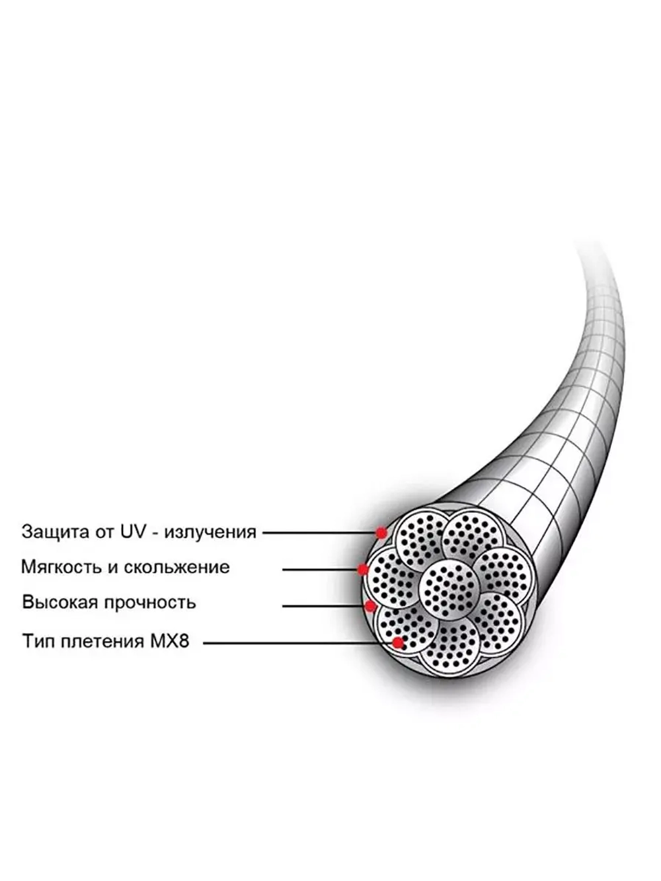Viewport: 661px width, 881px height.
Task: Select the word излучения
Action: pyautogui.click(x=210, y=533)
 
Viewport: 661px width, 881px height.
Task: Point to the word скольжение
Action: pyautogui.click(x=176, y=568)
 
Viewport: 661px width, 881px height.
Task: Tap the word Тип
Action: pyautogui.click(x=38, y=641)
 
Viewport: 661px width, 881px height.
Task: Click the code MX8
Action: pyautogui.click(x=169, y=641)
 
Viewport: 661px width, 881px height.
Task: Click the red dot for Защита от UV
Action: pyautogui.click(x=381, y=533)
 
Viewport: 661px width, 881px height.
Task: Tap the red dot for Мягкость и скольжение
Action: pyautogui.click(x=363, y=569)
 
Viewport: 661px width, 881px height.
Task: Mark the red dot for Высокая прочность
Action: pyautogui.click(x=370, y=605)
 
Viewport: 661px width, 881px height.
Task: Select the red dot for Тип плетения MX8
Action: pyautogui.click(x=398, y=643)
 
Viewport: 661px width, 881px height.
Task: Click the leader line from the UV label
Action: pyautogui.click(x=319, y=533)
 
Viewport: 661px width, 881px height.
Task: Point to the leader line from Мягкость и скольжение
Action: pyautogui.click(x=320, y=570)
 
